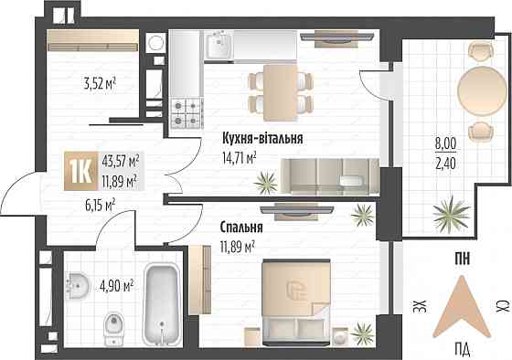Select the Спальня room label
coord(241,228)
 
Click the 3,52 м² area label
coord(99,90)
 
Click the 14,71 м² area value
coord(238,157)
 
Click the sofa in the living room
coord(328,175)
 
